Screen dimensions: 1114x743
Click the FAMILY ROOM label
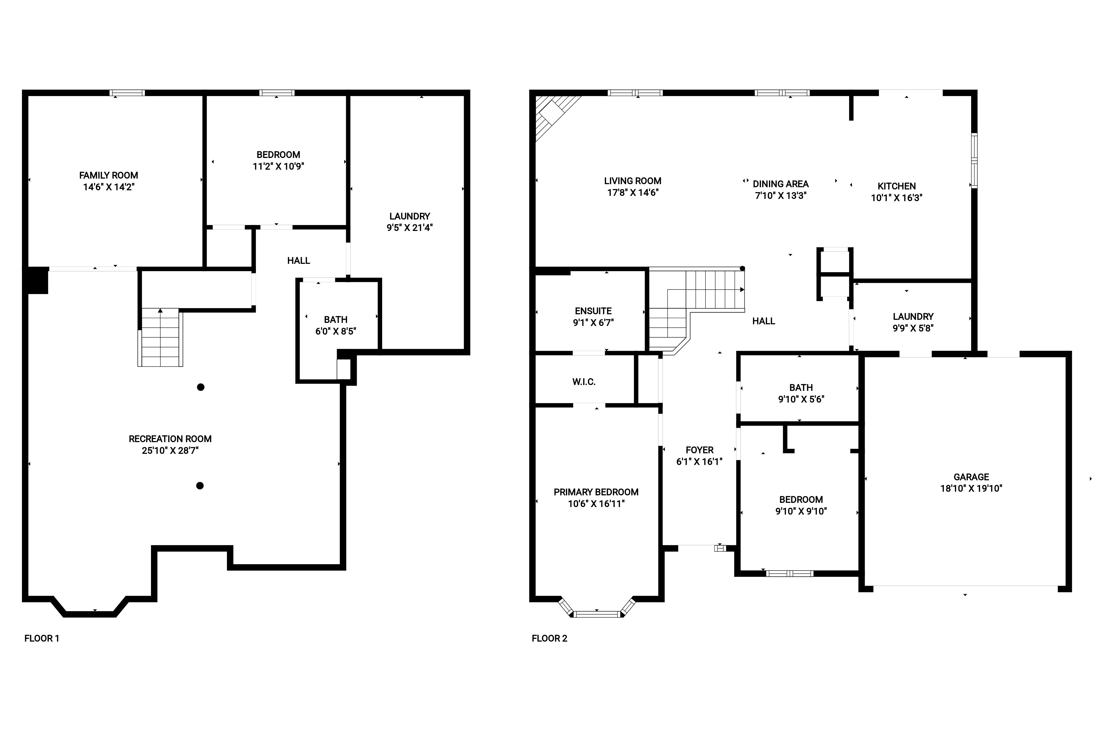coord(108,175)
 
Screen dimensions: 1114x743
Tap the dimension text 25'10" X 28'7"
coord(170,451)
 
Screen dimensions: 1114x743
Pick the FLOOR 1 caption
coord(42,638)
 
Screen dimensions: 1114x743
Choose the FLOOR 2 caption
coord(549,638)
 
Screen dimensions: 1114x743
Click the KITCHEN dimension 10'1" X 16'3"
coord(896,198)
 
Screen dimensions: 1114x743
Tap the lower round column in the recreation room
coord(200,486)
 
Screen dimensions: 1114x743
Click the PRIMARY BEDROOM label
coord(596,492)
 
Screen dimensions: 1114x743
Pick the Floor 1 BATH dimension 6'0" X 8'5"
coord(336,331)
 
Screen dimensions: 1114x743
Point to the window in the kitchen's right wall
coord(974,161)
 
